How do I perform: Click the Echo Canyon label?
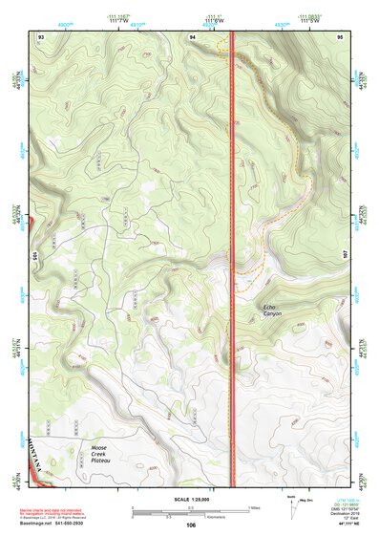[274, 309]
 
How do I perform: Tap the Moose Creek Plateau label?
[103, 453]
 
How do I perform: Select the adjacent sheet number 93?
[41, 35]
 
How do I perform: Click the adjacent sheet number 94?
[193, 35]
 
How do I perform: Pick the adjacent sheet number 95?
[340, 35]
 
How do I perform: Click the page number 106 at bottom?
[191, 525]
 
